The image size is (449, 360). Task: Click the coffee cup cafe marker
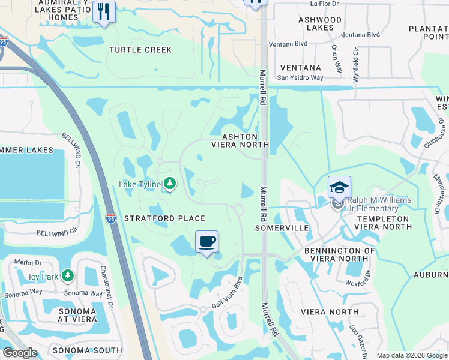(207, 242)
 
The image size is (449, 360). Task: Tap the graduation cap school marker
(339, 187)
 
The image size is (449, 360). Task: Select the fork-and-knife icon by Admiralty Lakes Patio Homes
(104, 11)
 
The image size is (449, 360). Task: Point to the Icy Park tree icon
(68, 275)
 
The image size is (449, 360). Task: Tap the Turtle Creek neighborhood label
(140, 50)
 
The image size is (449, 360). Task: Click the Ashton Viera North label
(240, 140)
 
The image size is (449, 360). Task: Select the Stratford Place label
(164, 218)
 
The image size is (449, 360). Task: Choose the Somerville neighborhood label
(282, 228)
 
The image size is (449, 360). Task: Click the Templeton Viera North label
(382, 223)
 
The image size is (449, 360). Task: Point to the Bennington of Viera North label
(339, 255)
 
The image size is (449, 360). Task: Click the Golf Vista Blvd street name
(226, 295)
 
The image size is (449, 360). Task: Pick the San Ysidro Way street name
(300, 77)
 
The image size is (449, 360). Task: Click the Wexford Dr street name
(358, 281)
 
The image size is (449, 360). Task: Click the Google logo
(20, 353)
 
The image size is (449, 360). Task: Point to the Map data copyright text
(411, 355)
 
